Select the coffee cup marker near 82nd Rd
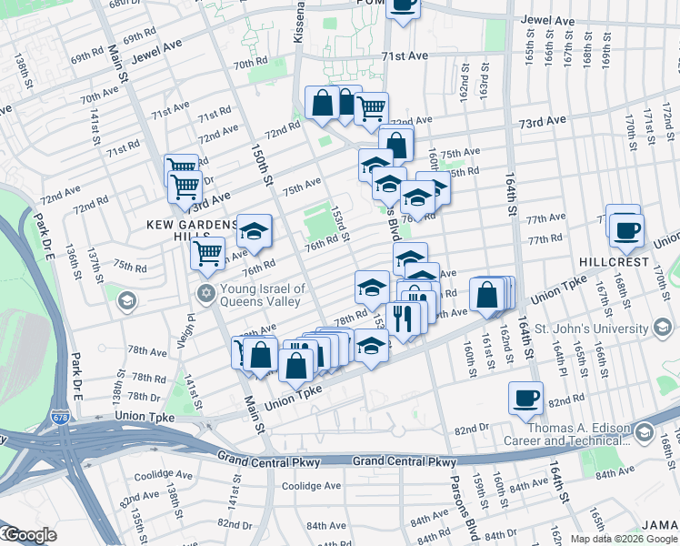click(525, 398)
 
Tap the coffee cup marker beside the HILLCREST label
click(625, 230)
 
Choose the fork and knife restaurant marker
click(400, 318)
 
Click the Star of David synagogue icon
click(206, 293)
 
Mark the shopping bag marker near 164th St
click(487, 295)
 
